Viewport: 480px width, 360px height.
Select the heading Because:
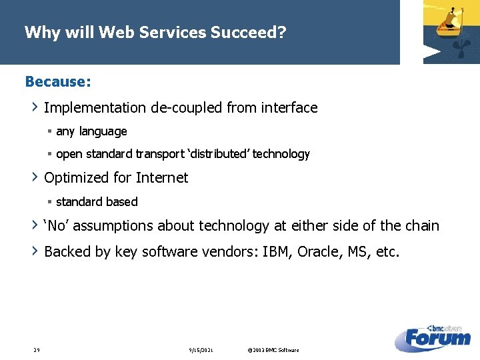click(x=58, y=81)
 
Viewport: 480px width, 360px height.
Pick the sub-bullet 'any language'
click(x=91, y=131)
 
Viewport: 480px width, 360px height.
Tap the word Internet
click(x=162, y=177)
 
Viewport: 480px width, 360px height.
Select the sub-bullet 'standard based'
click(x=97, y=201)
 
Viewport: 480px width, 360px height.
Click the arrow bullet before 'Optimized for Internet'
click(x=35, y=177)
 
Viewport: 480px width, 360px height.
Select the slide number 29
click(x=37, y=350)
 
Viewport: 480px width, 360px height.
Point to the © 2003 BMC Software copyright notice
click(x=273, y=350)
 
